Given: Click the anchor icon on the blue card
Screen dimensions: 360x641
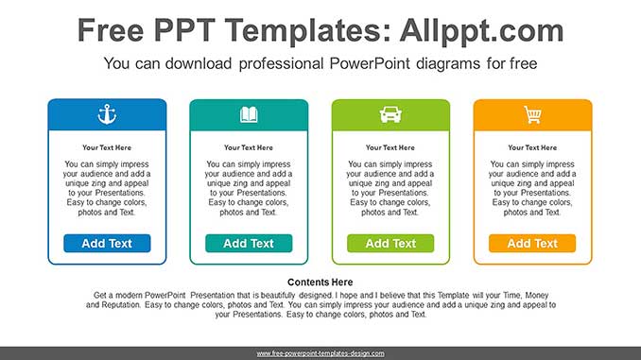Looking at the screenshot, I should pyautogui.click(x=107, y=114).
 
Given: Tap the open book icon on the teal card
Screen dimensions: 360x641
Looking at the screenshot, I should pyautogui.click(x=249, y=115).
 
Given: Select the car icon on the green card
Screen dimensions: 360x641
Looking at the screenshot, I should pyautogui.click(x=390, y=115).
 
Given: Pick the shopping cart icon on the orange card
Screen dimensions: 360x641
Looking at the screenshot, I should pyautogui.click(x=532, y=115).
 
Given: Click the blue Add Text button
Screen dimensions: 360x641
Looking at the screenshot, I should pyautogui.click(x=107, y=243).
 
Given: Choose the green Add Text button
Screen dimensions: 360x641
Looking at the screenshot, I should pyautogui.click(x=390, y=243).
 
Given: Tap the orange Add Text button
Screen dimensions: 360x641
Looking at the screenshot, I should pyautogui.click(x=532, y=243).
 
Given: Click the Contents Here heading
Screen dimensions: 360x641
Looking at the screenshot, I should pyautogui.click(x=320, y=282).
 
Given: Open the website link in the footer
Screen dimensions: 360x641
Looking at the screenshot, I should pyautogui.click(x=320, y=353).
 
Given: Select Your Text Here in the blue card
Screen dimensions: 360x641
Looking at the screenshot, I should pyautogui.click(x=107, y=147).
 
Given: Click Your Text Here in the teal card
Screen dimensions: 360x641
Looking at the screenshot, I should pyautogui.click(x=249, y=147).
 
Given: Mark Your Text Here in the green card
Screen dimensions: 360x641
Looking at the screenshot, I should pyautogui.click(x=390, y=147).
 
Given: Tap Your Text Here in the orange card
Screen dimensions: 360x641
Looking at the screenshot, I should pyautogui.click(x=532, y=147).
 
